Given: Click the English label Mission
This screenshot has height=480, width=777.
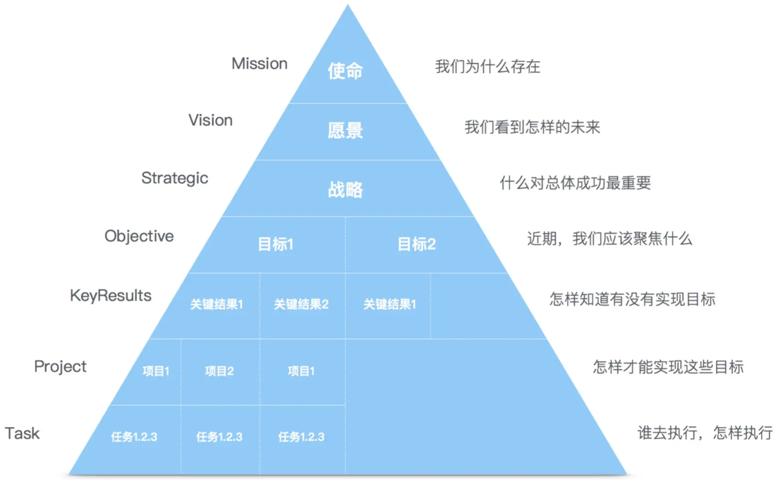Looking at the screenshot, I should pos(259,64).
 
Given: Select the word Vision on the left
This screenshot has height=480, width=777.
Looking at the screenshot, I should pos(210,120).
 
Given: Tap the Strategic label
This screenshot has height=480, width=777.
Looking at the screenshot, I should pos(175,178).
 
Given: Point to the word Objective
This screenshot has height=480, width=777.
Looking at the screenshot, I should pos(139,236).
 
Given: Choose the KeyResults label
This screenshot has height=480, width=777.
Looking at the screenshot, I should pos(111,296).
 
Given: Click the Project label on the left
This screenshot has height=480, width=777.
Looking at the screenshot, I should pos(60,367).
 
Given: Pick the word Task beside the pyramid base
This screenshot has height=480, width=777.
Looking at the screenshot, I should pos(22,433).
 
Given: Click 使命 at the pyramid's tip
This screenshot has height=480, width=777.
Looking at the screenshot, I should pos(345,71).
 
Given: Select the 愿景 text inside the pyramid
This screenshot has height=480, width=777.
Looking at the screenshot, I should pos(345,131).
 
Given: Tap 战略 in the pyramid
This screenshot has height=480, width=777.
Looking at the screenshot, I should pos(345,189).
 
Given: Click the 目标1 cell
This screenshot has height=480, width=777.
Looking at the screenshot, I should pos(275,244).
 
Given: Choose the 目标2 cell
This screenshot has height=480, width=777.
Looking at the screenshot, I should pos(416,244).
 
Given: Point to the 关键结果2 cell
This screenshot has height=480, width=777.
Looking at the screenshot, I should pos(301,304).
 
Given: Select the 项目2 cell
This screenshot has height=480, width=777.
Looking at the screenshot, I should pos(219,371).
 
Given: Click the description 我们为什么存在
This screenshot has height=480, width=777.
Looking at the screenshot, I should pos(487,67).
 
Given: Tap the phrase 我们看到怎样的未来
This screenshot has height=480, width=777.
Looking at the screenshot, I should pos(532,127).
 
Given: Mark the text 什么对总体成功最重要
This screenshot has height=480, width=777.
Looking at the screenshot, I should pos(575,183).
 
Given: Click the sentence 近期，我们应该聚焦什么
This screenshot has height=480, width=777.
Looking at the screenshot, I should pos(610,239).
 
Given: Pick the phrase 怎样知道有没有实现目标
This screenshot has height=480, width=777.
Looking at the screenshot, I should pos(632,299).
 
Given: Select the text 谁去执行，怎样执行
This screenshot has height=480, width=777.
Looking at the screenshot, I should pos(705,433).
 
